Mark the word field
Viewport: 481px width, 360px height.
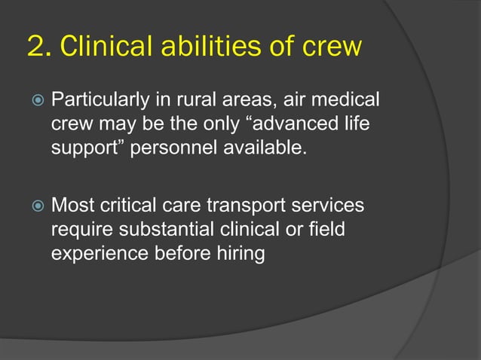click(324, 229)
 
